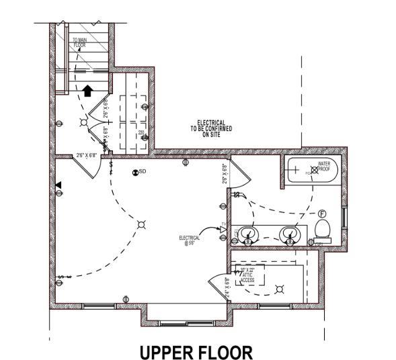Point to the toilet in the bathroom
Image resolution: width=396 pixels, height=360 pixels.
[323, 230]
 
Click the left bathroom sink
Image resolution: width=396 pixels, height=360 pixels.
[247, 235]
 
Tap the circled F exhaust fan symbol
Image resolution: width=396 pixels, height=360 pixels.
[321, 211]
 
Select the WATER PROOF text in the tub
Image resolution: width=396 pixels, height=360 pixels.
[325, 165]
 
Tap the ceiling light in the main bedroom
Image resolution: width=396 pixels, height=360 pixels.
[141, 224]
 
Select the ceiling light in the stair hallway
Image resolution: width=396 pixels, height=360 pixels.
[83, 122]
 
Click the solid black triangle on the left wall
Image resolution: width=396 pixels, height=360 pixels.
[58, 185]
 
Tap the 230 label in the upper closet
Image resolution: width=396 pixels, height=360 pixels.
[141, 133]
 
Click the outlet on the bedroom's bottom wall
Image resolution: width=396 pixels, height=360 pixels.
[126, 298]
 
